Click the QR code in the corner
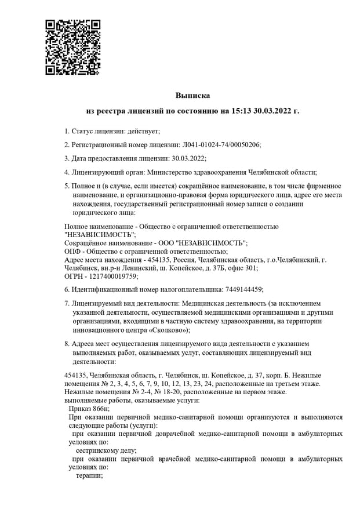point(73,48)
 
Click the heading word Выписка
point(192,94)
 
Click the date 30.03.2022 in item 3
point(188,158)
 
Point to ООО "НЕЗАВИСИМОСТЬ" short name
point(202,243)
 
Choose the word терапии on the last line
point(89,475)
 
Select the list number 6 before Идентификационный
point(67,289)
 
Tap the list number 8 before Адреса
point(67,343)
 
